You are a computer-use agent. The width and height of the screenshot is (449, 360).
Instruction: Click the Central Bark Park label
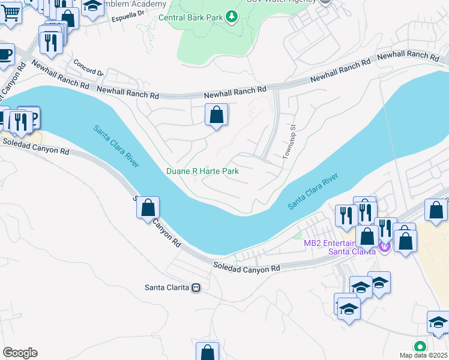pyautogui.click(x=191, y=17)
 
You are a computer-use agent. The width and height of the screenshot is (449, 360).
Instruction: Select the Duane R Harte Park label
pyautogui.click(x=202, y=172)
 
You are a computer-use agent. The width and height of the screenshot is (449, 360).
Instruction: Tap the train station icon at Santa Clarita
pyautogui.click(x=196, y=287)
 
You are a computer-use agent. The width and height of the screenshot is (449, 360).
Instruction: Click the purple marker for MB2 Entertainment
pyautogui.click(x=385, y=246)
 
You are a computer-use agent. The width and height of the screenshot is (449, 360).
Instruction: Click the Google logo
pyautogui.click(x=20, y=353)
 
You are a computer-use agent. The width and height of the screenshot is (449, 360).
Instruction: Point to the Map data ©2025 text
pyautogui.click(x=424, y=355)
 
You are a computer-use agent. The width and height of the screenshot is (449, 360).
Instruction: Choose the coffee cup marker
pyautogui.click(x=5, y=54)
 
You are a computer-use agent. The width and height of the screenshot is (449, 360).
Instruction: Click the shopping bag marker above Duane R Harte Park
pyautogui.click(x=216, y=114)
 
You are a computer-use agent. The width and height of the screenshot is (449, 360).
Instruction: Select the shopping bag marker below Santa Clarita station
pyautogui.click(x=206, y=353)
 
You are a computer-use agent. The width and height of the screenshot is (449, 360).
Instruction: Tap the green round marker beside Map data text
pyautogui.click(x=420, y=346)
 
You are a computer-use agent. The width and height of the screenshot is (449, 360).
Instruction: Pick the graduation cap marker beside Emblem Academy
pyautogui.click(x=92, y=7)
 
